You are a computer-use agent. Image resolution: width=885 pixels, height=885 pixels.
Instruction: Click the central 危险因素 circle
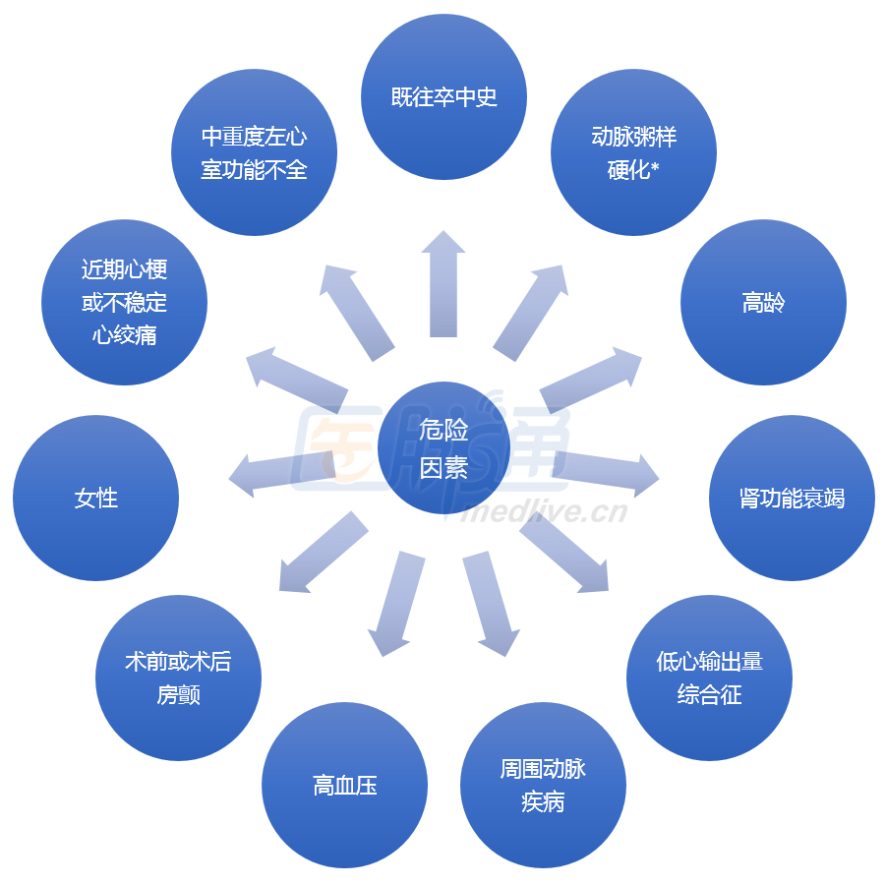(443, 448)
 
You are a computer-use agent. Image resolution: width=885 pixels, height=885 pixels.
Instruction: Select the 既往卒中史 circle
(443, 97)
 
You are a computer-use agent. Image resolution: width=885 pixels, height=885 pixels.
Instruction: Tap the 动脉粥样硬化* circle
(633, 152)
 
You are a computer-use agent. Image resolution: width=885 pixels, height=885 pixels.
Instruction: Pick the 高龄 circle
(763, 302)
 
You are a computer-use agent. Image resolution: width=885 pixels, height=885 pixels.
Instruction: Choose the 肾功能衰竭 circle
(792, 498)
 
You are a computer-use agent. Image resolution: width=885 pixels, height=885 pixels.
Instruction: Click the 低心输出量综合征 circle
(709, 678)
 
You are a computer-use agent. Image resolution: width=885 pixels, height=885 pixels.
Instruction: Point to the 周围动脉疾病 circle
(543, 785)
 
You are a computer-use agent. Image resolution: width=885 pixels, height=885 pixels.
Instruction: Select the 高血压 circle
(344, 785)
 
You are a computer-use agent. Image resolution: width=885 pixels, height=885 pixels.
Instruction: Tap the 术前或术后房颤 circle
(178, 678)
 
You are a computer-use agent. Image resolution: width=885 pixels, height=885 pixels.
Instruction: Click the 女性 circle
(95, 498)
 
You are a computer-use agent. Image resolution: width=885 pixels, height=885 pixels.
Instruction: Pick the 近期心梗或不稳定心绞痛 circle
(124, 302)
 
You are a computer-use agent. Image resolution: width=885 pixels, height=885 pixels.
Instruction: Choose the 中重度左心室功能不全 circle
(254, 152)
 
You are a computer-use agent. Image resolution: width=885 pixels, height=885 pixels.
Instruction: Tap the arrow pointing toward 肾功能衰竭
(606, 470)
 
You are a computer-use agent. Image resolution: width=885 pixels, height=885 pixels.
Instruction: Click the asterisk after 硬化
(656, 169)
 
